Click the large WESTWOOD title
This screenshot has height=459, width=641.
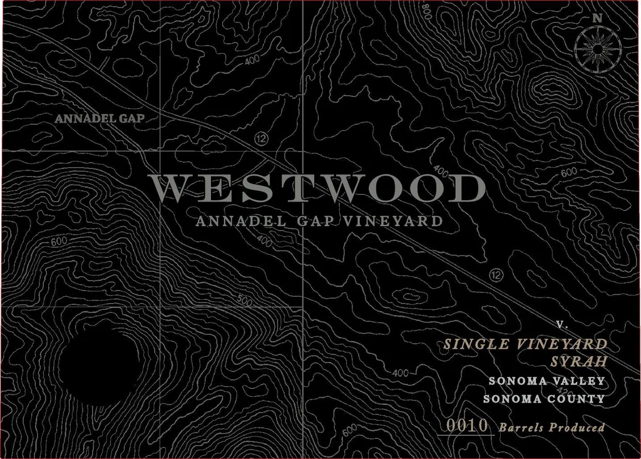pos(317,188)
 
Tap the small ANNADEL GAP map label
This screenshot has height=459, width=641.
pos(100,118)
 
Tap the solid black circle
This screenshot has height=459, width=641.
pos(99,361)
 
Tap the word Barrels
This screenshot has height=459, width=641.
pos(521,428)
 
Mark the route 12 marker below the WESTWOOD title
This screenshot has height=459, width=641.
pos(496,274)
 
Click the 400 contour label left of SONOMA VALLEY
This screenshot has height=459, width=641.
pos(401,374)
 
